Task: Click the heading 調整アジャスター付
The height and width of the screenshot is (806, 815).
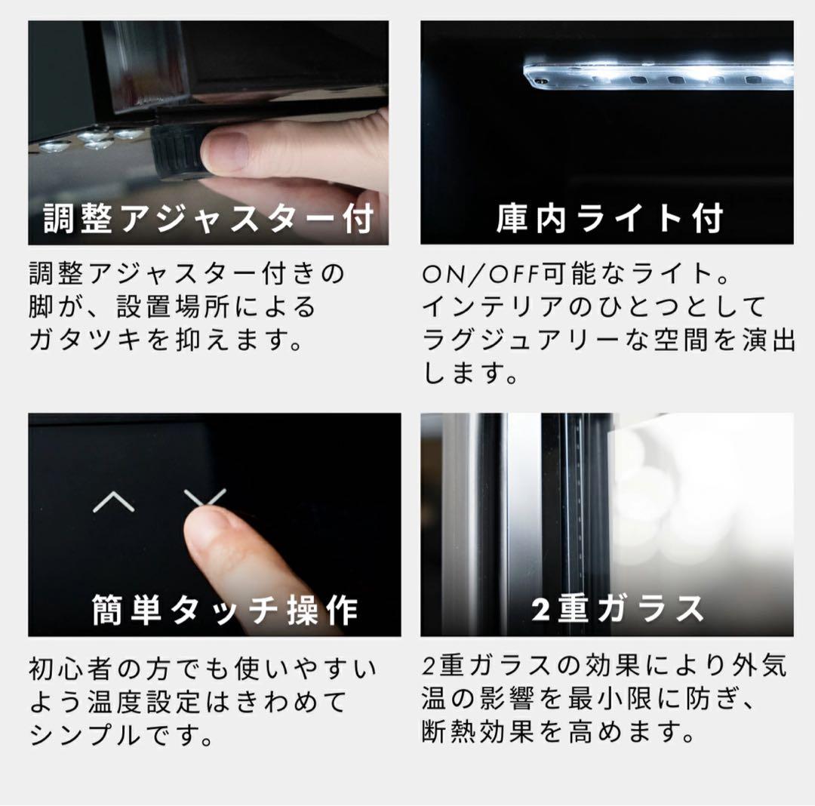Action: point(209,219)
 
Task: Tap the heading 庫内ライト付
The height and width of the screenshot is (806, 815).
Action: point(610,219)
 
